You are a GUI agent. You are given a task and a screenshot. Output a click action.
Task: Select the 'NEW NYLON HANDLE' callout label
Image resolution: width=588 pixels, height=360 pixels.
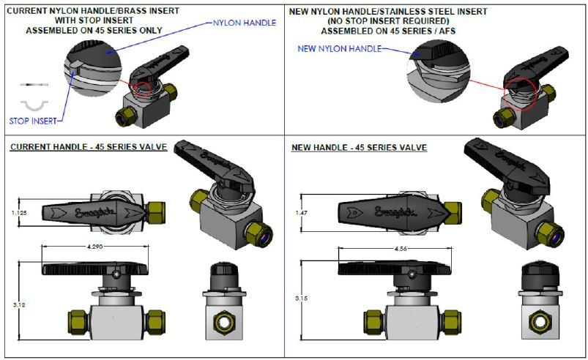340,48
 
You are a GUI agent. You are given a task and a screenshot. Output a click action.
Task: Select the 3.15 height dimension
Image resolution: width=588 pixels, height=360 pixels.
299,299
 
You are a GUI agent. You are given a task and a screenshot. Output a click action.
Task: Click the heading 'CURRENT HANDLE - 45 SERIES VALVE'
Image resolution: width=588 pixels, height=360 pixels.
89,147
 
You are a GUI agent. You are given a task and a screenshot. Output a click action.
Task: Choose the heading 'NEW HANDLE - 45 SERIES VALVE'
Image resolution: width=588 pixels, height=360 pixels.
359,147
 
